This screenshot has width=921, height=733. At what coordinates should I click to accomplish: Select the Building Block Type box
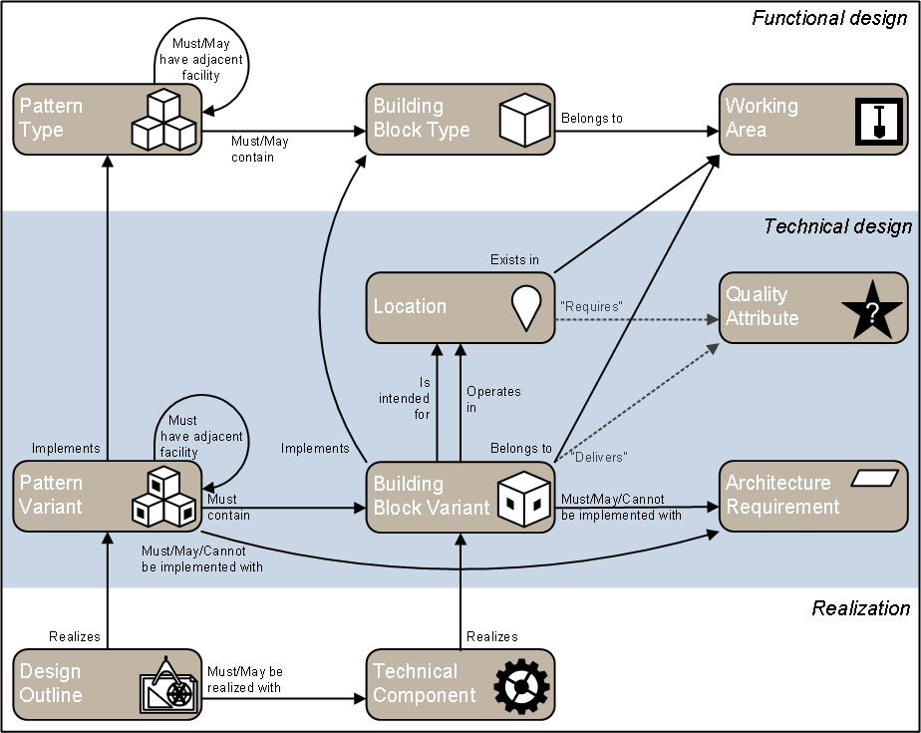click(x=460, y=119)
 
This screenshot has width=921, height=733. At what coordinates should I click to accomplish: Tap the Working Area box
click(x=812, y=119)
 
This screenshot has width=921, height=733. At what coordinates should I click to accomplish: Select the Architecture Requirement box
click(x=812, y=496)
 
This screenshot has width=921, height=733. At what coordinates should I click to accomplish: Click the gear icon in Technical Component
click(x=522, y=684)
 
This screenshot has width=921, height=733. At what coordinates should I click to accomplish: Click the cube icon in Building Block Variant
click(x=524, y=497)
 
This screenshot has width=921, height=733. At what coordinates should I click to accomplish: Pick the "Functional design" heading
click(x=829, y=18)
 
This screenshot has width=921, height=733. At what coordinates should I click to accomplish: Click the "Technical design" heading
click(x=837, y=226)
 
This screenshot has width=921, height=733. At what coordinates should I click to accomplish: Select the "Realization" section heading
click(x=860, y=608)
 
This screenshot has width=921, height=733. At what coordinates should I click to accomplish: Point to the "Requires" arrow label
click(x=591, y=306)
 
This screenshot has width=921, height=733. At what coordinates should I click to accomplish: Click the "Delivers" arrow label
click(x=598, y=457)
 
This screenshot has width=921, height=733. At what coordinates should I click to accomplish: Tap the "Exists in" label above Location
click(x=514, y=260)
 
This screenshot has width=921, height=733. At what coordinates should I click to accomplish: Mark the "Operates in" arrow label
click(x=493, y=399)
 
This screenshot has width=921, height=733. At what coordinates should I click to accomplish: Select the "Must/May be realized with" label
click(x=245, y=679)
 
